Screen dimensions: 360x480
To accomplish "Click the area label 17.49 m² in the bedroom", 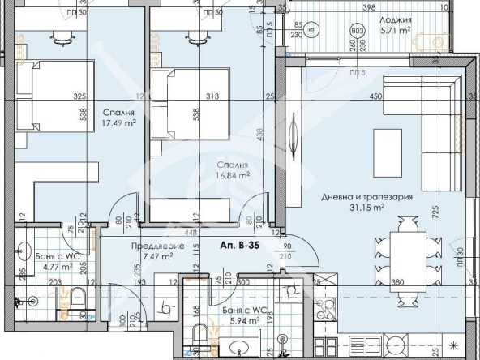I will coord(118,123).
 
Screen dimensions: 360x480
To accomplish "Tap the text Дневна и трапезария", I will coord(368,196).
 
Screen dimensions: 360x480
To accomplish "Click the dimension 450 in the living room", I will coord(375,96).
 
